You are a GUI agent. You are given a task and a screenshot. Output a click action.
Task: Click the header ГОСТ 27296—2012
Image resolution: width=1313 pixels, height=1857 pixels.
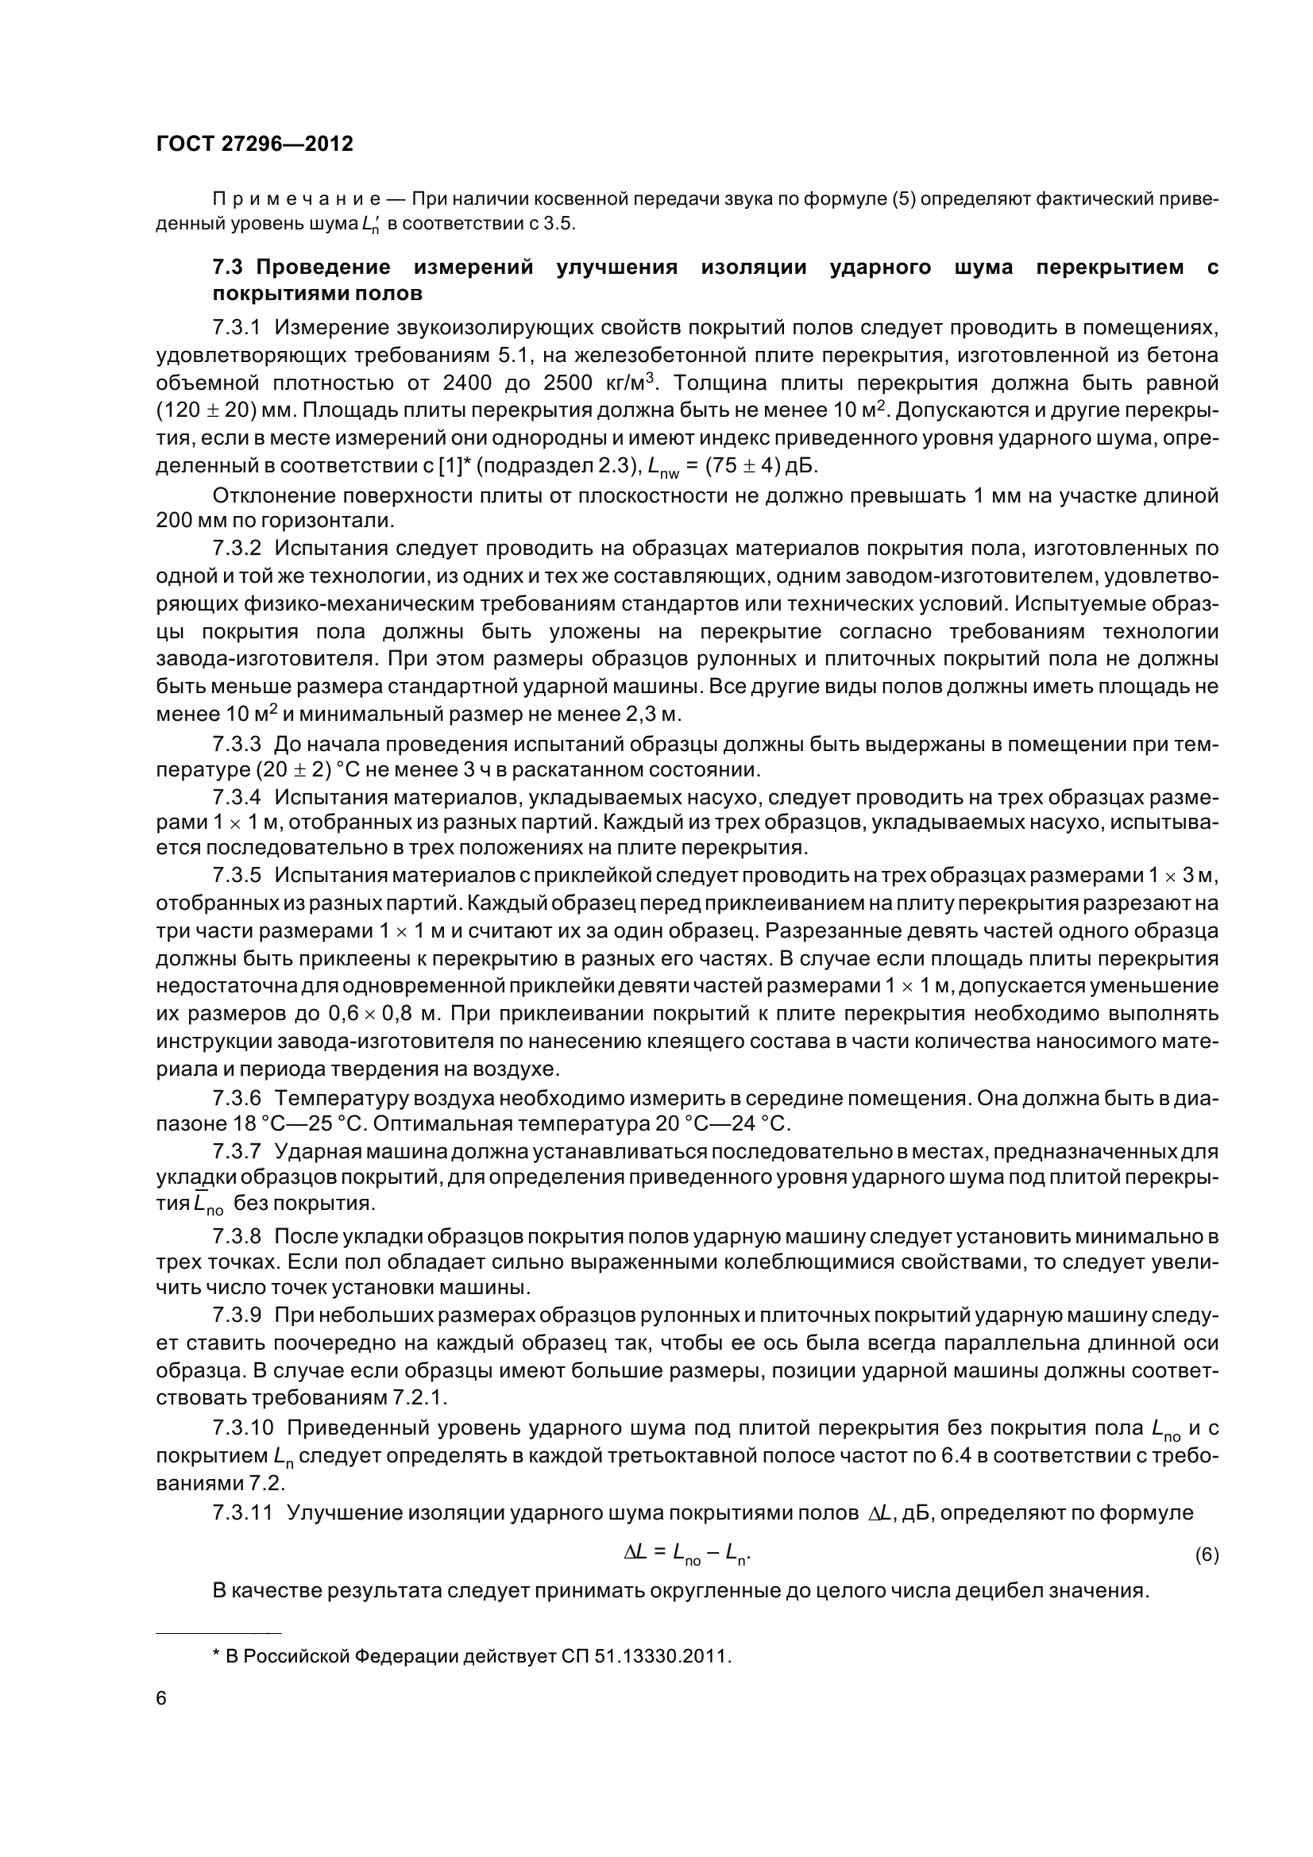click(x=254, y=144)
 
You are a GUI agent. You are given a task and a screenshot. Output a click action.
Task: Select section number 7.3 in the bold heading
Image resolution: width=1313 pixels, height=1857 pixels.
click(x=228, y=268)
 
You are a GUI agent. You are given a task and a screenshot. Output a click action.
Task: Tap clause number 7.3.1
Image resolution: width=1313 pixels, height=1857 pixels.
click(x=236, y=328)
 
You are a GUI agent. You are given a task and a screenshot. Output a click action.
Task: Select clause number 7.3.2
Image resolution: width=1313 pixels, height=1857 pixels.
click(x=236, y=549)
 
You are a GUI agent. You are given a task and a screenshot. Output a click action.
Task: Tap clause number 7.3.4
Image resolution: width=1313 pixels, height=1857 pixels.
click(x=236, y=797)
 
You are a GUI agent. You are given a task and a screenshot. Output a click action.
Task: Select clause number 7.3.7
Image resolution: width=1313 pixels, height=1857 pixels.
click(x=236, y=1150)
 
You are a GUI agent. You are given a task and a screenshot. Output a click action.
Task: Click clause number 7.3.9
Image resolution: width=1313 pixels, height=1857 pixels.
click(x=236, y=1315)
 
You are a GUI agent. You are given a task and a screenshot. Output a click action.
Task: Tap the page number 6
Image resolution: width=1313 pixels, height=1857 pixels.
click(x=161, y=1720)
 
